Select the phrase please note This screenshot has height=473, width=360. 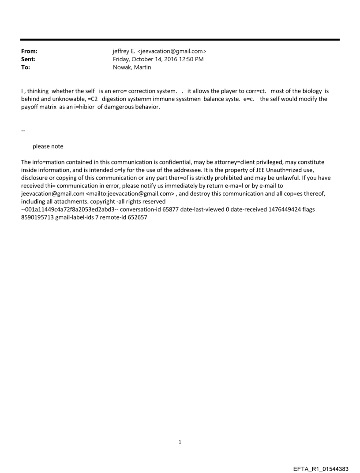pyautogui.click(x=48, y=146)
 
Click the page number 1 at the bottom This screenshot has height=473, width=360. pyautogui.click(x=180, y=442)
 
